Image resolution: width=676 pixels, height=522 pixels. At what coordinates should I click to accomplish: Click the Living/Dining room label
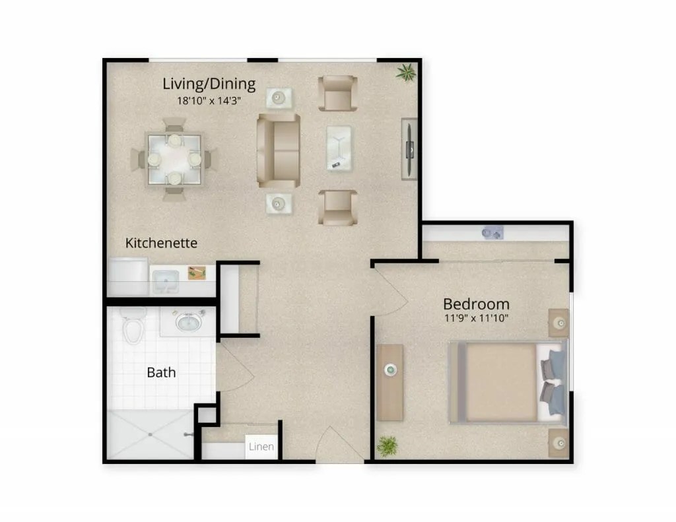pos(209,84)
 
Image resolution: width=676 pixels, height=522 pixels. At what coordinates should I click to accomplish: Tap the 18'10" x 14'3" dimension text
pos(209,101)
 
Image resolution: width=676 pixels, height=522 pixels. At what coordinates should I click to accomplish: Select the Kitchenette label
pos(161,243)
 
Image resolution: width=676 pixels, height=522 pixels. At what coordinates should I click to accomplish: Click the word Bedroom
pos(477,304)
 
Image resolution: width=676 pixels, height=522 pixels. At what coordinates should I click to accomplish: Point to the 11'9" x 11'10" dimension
pos(477,319)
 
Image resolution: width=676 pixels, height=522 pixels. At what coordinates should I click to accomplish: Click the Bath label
pos(161,372)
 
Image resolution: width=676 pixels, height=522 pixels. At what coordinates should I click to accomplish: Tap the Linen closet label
pos(261,447)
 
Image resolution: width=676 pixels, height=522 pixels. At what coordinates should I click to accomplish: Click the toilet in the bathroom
pos(133,325)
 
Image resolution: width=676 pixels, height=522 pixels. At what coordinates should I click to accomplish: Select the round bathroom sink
pos(188,321)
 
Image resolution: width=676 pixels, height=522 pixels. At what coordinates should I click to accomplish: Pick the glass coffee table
pos(339,148)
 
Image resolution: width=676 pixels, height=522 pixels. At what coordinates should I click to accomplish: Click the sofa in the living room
pos(279,150)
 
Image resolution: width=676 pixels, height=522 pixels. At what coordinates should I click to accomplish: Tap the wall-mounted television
pos(409,149)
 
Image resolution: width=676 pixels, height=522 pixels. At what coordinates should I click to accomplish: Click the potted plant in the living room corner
pos(406,73)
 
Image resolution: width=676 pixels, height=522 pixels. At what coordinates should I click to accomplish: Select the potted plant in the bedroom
pos(387,445)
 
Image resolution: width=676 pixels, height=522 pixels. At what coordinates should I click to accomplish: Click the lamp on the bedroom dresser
pos(391,370)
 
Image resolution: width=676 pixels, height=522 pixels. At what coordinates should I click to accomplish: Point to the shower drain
pos(150,434)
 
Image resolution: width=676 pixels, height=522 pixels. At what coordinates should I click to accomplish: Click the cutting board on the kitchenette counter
pos(197,273)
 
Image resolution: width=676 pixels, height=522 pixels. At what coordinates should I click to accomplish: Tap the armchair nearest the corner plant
pos(338,94)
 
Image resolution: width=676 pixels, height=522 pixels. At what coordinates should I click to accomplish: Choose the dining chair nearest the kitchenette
pos(174,193)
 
